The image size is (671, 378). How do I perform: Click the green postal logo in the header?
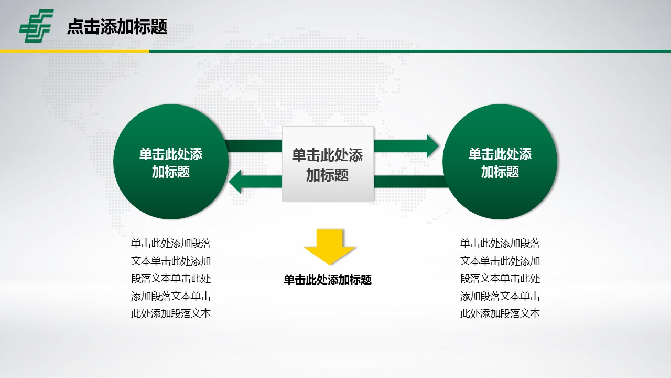pyautogui.click(x=37, y=26)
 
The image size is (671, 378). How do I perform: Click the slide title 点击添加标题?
pyautogui.click(x=117, y=26)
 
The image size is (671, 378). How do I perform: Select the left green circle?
pyautogui.click(x=171, y=162)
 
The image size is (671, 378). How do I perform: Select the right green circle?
pyautogui.click(x=500, y=162)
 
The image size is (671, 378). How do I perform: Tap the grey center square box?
pyautogui.click(x=328, y=164)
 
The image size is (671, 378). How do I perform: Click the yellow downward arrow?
pyautogui.click(x=330, y=247)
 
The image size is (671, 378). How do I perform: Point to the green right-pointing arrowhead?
pyautogui.click(x=432, y=146)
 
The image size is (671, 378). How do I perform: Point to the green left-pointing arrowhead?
pyautogui.click(x=235, y=182)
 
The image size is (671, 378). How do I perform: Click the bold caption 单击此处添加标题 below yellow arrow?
pyautogui.click(x=328, y=280)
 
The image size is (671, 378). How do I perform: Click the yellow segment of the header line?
pyautogui.click(x=74, y=51)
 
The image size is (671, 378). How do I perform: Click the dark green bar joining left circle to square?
pyautogui.click(x=254, y=146)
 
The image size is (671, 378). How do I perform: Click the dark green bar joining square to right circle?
pyautogui.click(x=411, y=182)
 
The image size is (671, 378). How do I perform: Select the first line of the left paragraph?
pyautogui.click(x=171, y=243)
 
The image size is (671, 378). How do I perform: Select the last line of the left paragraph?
pyautogui.click(x=171, y=313)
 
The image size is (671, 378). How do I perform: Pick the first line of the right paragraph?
pyautogui.click(x=500, y=243)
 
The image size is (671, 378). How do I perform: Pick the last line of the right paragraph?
pyautogui.click(x=500, y=313)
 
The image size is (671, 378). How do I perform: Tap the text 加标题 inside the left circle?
pyautogui.click(x=171, y=172)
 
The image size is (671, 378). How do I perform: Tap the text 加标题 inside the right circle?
pyautogui.click(x=500, y=172)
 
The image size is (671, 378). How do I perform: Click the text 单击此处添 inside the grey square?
pyautogui.click(x=328, y=155)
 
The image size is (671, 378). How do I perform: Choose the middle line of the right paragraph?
pyautogui.click(x=500, y=278)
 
